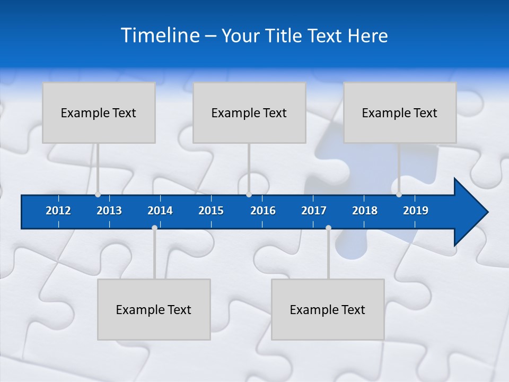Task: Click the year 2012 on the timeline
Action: pos(58,211)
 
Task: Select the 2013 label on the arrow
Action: pos(109,211)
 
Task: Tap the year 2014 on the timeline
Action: pos(160,211)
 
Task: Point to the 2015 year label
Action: pos(211,211)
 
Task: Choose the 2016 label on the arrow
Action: pos(263,211)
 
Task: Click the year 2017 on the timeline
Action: pos(314,211)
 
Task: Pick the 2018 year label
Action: pos(365,211)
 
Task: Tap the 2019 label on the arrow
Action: pos(416,211)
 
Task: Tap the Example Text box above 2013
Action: pos(99,112)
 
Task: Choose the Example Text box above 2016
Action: pos(249,112)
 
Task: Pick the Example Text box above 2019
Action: pos(400,112)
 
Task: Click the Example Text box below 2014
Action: pos(154,309)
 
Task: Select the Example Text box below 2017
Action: pos(328,309)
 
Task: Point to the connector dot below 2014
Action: pos(154,228)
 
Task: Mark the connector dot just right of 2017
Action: pos(328,228)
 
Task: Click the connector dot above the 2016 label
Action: pos(249,194)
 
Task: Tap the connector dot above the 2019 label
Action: pos(399,194)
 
